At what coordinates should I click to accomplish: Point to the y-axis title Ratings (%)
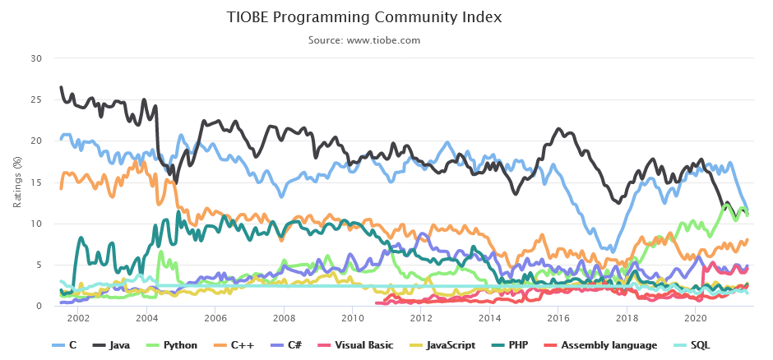pyautogui.click(x=17, y=182)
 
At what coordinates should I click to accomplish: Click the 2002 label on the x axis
pyautogui.click(x=78, y=318)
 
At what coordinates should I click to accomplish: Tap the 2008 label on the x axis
pyautogui.click(x=284, y=318)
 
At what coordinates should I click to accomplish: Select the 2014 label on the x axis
pyautogui.click(x=489, y=318)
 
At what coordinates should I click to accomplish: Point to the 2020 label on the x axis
pyautogui.click(x=695, y=318)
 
